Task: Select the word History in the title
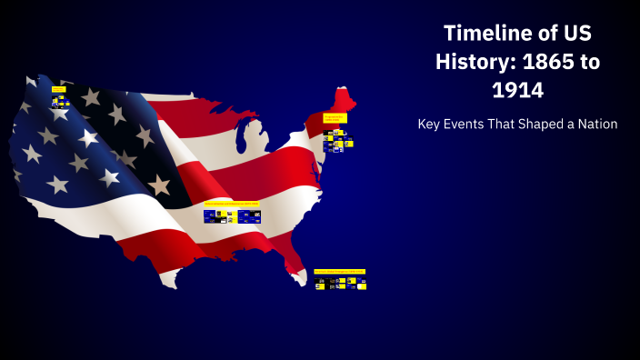point(473,62)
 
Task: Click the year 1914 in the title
point(517,90)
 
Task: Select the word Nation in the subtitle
point(598,124)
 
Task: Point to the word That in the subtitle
point(506,124)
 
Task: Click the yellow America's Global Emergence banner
point(339,271)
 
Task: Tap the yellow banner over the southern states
point(231,204)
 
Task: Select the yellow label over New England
point(335,118)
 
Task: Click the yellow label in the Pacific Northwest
point(58,89)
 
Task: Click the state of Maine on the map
point(344,99)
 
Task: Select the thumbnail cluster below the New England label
point(337,140)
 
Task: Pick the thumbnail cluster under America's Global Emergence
point(340,284)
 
